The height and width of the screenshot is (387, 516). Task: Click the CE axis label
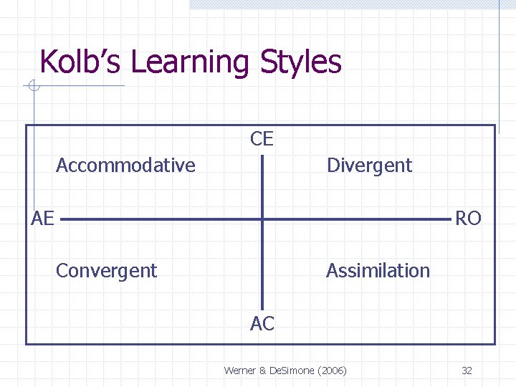[x=262, y=139]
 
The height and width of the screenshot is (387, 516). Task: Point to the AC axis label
[x=262, y=324]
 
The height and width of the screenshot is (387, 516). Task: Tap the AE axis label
[x=43, y=219]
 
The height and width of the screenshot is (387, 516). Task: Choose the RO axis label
[x=468, y=219]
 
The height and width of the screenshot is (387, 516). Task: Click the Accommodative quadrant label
[x=125, y=166]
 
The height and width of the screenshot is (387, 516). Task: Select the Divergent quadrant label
[x=369, y=166]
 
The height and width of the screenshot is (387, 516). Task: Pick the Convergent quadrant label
[x=106, y=271]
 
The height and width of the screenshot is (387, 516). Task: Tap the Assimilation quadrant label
[x=378, y=271]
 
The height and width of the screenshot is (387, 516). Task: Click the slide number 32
[x=467, y=371]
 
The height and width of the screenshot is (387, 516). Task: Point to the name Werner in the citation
[x=240, y=371]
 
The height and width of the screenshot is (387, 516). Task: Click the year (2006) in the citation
[x=331, y=371]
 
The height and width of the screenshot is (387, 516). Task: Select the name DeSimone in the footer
[x=291, y=371]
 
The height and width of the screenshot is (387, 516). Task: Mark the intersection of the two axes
[x=262, y=219]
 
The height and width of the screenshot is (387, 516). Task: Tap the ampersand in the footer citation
[x=262, y=371]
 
